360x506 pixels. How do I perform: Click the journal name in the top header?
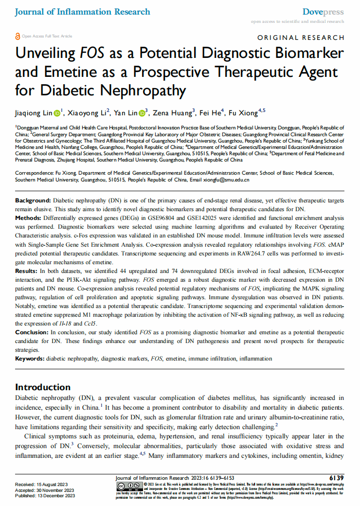point(83,12)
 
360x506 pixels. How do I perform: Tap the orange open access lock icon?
point(18,36)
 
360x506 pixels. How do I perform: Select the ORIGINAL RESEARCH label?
point(301,37)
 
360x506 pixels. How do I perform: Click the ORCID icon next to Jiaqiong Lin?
point(57,113)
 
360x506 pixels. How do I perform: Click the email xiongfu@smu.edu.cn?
point(226,180)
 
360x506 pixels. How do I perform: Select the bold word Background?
point(33,200)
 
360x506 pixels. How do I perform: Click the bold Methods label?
point(29,218)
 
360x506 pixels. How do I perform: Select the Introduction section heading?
point(43,387)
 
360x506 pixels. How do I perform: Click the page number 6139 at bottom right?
point(336,478)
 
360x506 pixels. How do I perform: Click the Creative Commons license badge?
point(129,487)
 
